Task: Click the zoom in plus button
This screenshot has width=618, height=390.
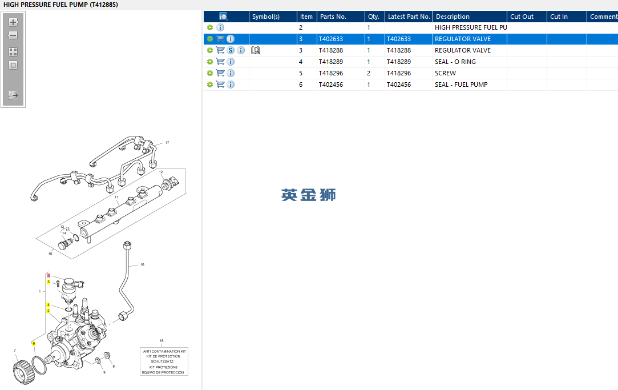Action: click(x=13, y=22)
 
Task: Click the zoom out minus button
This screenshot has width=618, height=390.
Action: click(x=13, y=35)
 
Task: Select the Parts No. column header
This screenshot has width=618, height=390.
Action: click(x=333, y=17)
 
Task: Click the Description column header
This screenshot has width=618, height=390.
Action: click(x=453, y=17)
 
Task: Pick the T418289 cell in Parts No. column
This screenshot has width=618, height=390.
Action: click(x=331, y=62)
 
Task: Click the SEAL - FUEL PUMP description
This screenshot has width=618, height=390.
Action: click(x=461, y=85)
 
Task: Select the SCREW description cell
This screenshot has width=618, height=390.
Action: click(x=445, y=73)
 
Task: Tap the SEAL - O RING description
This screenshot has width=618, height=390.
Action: click(x=455, y=62)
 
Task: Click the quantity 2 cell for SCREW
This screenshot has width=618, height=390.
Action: click(x=369, y=73)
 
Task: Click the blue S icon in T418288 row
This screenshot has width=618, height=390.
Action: click(x=231, y=50)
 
